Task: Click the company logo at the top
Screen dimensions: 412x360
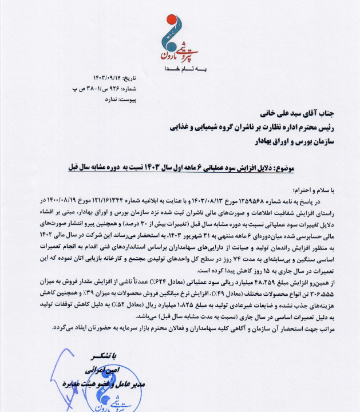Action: pos(179,39)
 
